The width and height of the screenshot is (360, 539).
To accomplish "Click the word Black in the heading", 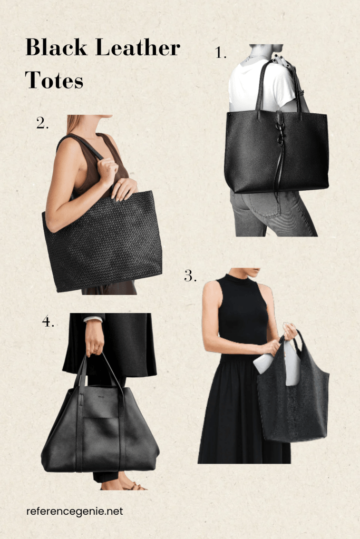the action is [x=56, y=47].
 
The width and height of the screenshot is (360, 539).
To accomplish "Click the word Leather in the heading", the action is [x=138, y=47].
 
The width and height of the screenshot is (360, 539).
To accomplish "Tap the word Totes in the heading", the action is [x=54, y=80].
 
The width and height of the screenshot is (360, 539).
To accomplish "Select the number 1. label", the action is [x=220, y=53].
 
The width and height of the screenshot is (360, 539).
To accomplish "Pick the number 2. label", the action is [x=43, y=123].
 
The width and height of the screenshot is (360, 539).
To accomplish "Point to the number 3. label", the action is [x=190, y=276].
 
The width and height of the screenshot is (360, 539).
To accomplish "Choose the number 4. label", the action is [x=48, y=321].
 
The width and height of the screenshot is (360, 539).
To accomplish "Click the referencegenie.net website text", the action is [x=75, y=511].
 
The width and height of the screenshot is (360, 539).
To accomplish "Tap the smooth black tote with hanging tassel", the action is [x=276, y=151].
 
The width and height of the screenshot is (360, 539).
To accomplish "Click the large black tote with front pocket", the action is [x=100, y=430].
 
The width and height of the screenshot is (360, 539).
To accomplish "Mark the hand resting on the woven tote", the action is [x=123, y=189].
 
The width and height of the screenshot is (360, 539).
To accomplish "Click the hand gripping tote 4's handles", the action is [x=94, y=339].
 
